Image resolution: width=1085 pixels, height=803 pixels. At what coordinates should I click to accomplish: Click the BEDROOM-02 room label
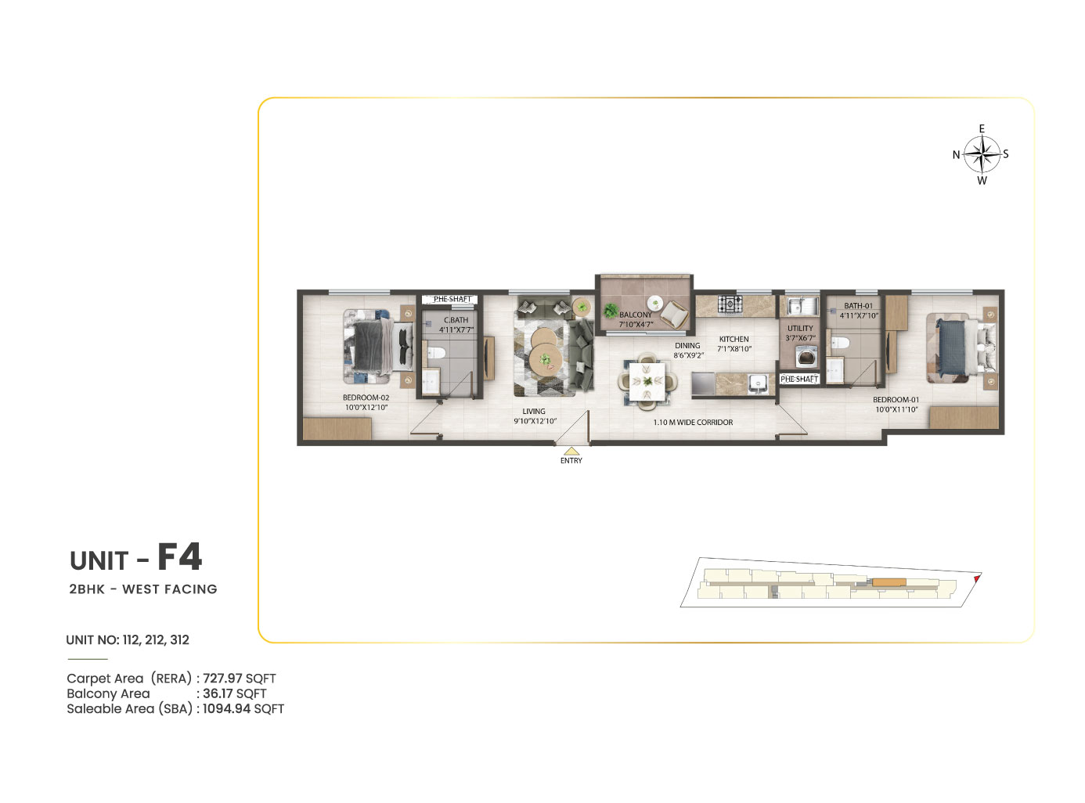pyautogui.click(x=366, y=398)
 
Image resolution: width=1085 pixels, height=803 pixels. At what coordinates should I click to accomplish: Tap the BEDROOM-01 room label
pyautogui.click(x=896, y=400)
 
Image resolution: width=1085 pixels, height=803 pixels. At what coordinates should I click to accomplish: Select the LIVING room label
pyautogui.click(x=533, y=411)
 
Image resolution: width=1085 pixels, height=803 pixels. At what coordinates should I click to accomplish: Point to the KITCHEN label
pyautogui.click(x=734, y=339)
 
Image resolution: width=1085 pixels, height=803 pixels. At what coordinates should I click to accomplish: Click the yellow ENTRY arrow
pyautogui.click(x=571, y=451)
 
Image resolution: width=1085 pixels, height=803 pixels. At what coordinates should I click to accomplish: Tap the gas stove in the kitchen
pyautogui.click(x=730, y=304)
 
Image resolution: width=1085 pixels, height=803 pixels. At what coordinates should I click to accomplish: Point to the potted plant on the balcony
pyautogui.click(x=610, y=311)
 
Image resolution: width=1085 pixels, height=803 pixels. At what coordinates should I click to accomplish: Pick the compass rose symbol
pyautogui.click(x=982, y=154)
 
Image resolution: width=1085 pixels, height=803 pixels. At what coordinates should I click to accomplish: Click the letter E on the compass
pyautogui.click(x=982, y=128)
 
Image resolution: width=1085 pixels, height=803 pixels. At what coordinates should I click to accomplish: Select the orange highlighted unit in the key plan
pyautogui.click(x=889, y=582)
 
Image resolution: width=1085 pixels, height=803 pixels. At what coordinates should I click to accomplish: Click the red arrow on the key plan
pyautogui.click(x=976, y=578)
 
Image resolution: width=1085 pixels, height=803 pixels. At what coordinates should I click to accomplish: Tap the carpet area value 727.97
pyautogui.click(x=222, y=679)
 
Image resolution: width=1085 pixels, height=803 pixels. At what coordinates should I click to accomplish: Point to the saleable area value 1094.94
pyautogui.click(x=226, y=708)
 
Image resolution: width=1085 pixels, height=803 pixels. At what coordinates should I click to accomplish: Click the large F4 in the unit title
pyautogui.click(x=179, y=557)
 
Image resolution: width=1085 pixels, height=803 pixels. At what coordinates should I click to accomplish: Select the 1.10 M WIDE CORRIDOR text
pyautogui.click(x=693, y=422)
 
